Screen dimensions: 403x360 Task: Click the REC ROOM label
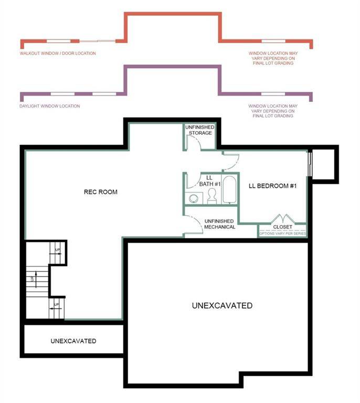click(x=100, y=192)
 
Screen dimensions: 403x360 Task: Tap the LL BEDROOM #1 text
click(x=273, y=186)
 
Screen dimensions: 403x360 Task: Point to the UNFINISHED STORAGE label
click(x=198, y=130)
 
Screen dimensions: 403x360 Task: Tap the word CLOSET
click(x=283, y=227)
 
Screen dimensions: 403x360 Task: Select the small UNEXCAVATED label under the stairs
click(x=73, y=341)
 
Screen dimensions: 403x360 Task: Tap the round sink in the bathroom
click(x=193, y=198)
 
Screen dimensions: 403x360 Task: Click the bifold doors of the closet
click(x=283, y=218)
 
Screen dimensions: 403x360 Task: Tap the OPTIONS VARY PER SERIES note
click(x=282, y=233)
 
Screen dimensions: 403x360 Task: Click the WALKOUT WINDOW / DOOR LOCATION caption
click(x=58, y=54)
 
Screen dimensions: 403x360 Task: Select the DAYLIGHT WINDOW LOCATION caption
click(x=50, y=106)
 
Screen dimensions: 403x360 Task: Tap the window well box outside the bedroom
click(x=325, y=162)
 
